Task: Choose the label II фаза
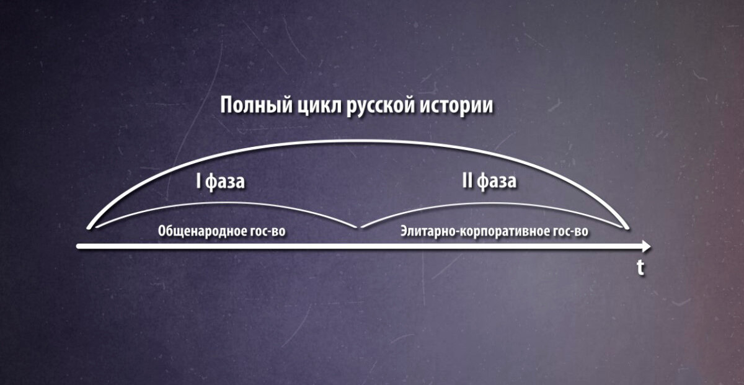(x=489, y=183)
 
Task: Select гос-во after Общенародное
(x=271, y=232)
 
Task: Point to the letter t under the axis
(x=640, y=268)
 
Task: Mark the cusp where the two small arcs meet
(x=359, y=228)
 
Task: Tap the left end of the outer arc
(x=89, y=227)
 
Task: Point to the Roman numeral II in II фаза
(x=467, y=183)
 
